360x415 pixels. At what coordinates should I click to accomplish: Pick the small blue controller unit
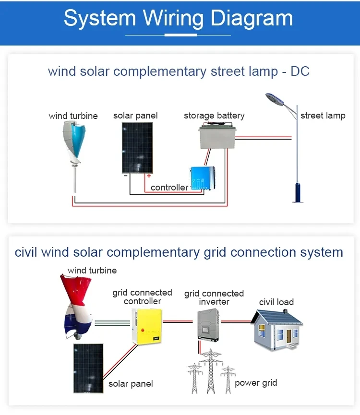(202, 178)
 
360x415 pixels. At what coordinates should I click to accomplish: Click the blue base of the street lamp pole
(298, 192)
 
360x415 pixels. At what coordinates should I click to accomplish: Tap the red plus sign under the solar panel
(149, 176)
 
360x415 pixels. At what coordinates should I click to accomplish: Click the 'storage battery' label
(214, 116)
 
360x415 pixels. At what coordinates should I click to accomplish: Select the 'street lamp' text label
(323, 116)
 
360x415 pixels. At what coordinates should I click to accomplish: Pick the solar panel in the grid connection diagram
(88, 368)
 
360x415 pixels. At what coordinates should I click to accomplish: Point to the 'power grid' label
(256, 383)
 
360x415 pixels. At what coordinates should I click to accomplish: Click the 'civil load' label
(276, 302)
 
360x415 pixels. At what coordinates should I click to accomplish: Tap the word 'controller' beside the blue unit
(169, 188)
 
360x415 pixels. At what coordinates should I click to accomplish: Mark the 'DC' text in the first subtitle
(300, 72)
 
